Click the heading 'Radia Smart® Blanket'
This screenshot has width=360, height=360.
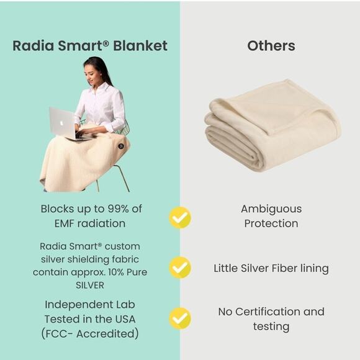[90, 46]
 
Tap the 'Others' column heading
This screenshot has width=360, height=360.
[271, 46]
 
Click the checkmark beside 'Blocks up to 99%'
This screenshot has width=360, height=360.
[180, 217]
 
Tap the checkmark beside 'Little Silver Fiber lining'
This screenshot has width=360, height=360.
[180, 268]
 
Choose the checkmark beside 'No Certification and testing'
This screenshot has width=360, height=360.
[180, 318]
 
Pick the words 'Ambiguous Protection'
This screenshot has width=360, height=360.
[271, 216]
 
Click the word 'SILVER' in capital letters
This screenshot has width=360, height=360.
[90, 285]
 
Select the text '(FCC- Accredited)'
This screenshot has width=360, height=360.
[90, 333]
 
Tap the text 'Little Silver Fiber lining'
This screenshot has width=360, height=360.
[271, 268]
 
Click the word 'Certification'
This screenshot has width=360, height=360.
[271, 312]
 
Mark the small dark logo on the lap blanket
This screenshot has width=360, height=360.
[120, 146]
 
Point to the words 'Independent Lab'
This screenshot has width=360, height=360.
[90, 305]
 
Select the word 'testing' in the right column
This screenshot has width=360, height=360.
[271, 326]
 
